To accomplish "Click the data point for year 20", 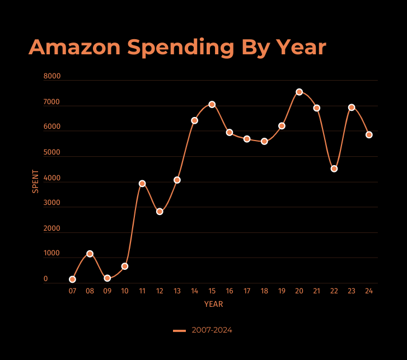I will click(299, 92).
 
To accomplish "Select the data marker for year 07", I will click(72, 279).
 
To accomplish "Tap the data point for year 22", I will click(334, 169).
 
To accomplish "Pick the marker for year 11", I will click(142, 184).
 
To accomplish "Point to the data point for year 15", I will click(212, 105).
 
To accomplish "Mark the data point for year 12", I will click(160, 212).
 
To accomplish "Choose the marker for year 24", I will click(369, 135).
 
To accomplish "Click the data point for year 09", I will click(107, 278).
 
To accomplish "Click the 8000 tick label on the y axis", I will click(52, 77).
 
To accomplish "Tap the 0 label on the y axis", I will click(46, 279).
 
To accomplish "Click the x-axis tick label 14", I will click(194, 291).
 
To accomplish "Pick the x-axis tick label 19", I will click(282, 291).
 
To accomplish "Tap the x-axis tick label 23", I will click(352, 291).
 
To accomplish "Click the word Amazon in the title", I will click(75, 48).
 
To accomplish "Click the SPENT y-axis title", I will click(36, 181).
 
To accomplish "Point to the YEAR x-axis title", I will click(213, 305).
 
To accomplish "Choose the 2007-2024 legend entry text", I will click(212, 330).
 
